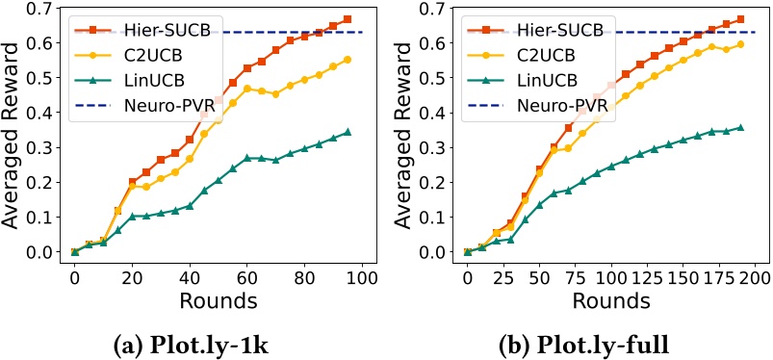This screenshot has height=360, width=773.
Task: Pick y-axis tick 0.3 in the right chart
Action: pyautogui.click(x=433, y=147)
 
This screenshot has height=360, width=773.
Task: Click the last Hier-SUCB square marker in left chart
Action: pyautogui.click(x=347, y=19)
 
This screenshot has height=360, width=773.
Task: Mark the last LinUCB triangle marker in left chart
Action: pyautogui.click(x=347, y=132)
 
